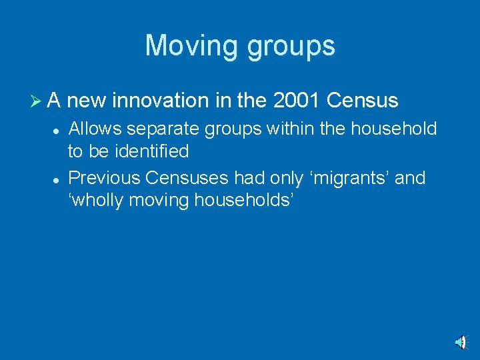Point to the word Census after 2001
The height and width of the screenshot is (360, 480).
pos(363,101)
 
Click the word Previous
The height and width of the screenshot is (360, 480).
pos(104,178)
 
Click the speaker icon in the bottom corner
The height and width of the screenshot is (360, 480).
pos(461,342)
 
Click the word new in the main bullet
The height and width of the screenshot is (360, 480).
pos(87,101)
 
